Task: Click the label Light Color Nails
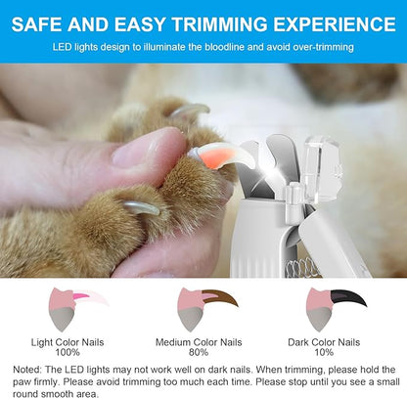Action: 68,342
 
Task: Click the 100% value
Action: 68,352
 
